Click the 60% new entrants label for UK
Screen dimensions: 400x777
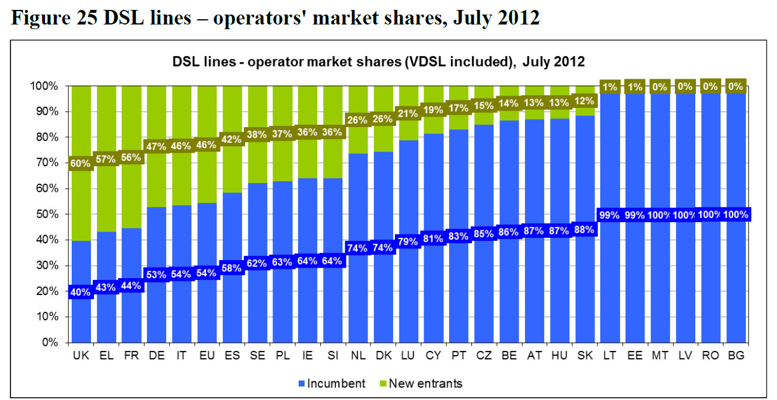click(x=80, y=164)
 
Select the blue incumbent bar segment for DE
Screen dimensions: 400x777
click(x=156, y=303)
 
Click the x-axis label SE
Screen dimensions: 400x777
click(x=257, y=356)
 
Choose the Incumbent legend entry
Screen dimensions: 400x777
click(x=331, y=384)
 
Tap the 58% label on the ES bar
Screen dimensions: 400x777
click(x=231, y=268)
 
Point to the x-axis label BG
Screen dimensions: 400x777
click(x=736, y=356)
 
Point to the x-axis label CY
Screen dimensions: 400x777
click(x=432, y=356)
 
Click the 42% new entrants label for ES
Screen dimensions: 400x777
click(x=231, y=140)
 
